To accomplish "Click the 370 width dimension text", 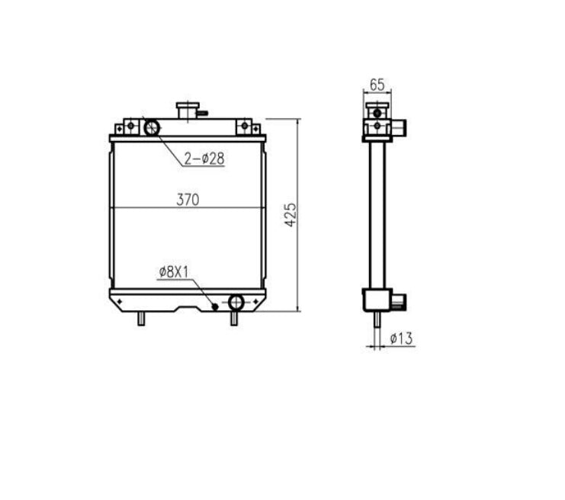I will point(188,200).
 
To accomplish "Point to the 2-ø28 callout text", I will point(203,159).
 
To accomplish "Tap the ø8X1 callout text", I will point(174,271).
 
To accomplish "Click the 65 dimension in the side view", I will point(377,84).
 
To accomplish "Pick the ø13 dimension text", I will point(401,338).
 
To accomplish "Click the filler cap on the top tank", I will point(186,111).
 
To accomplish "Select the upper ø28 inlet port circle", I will point(151,127).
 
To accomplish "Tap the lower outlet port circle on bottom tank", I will point(236,303).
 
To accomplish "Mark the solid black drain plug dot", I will point(215,306).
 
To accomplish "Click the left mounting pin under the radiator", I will point(140,319).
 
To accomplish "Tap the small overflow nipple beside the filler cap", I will point(202,113).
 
